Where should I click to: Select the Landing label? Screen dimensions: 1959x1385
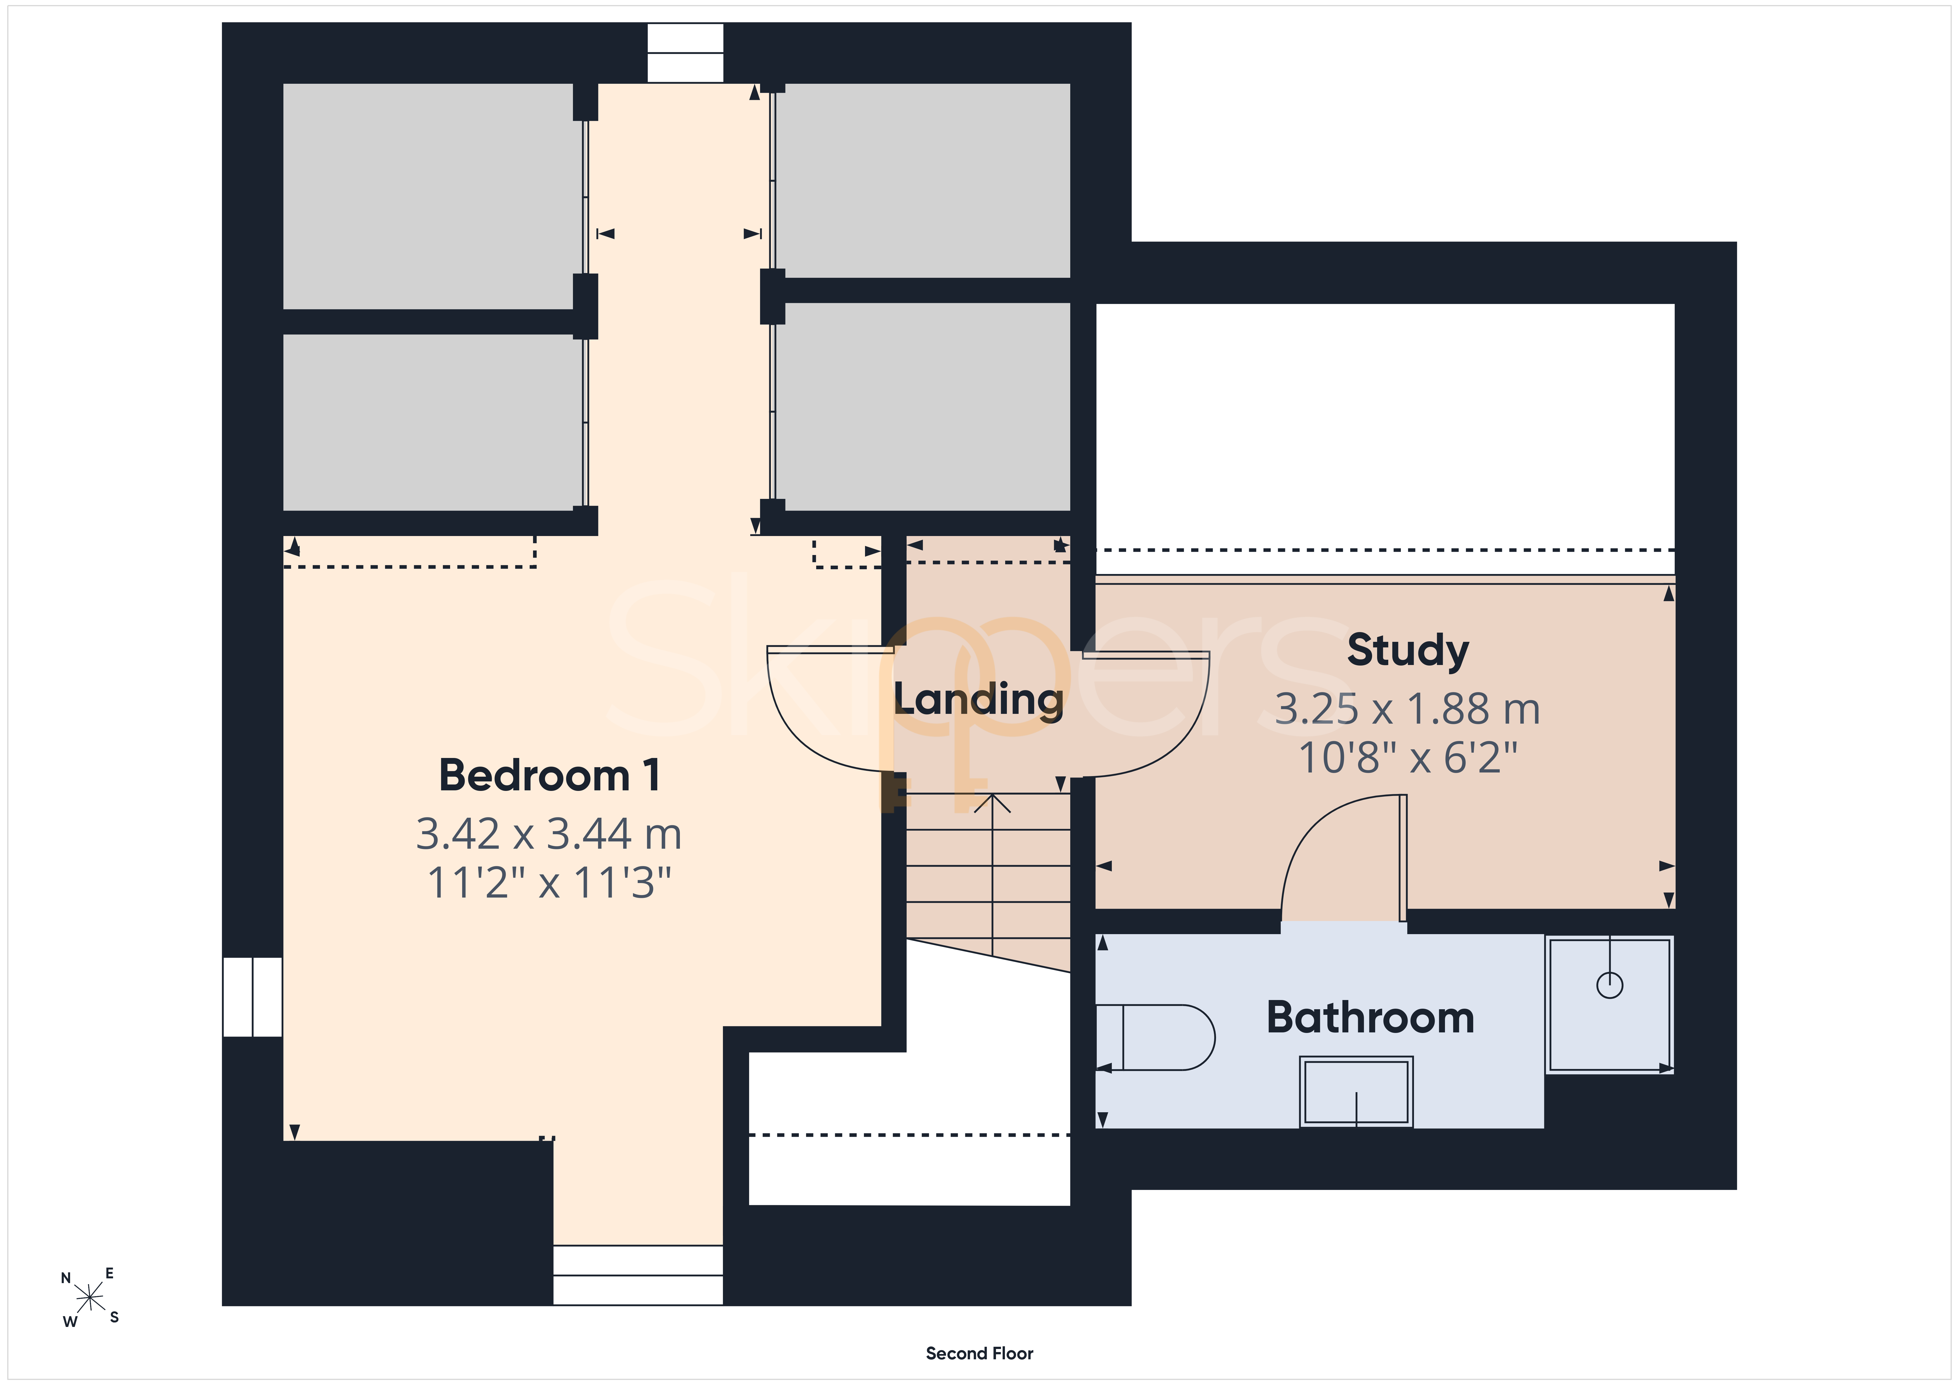(979, 700)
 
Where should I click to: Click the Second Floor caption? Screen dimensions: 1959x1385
(979, 1353)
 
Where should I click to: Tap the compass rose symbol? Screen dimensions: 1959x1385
(90, 1298)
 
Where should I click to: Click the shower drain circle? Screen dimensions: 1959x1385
(1609, 985)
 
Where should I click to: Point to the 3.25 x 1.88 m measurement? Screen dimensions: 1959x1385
(1408, 709)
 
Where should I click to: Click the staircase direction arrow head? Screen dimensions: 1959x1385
(992, 802)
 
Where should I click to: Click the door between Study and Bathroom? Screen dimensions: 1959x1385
(1344, 858)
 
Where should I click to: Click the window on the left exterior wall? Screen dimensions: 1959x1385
(253, 997)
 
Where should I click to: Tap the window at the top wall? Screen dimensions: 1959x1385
(685, 53)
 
